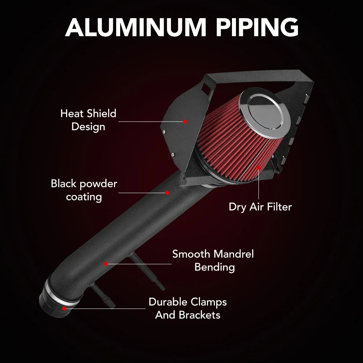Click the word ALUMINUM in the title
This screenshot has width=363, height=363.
pyautogui.click(x=136, y=27)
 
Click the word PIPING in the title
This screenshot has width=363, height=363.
pyautogui.click(x=257, y=27)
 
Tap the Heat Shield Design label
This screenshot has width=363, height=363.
pyautogui.click(x=88, y=120)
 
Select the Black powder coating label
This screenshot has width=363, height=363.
pyautogui.click(x=84, y=190)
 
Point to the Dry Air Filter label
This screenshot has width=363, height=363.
pyautogui.click(x=260, y=207)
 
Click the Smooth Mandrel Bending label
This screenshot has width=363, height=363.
pyautogui.click(x=213, y=260)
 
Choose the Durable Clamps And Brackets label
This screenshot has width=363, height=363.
pyautogui.click(x=188, y=308)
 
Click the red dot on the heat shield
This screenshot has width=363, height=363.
pyautogui.click(x=185, y=122)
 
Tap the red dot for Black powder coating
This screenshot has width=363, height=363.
pyautogui.click(x=167, y=193)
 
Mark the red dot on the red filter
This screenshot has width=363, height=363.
pyautogui.click(x=258, y=167)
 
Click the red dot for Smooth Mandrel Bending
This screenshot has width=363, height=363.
pyautogui.click(x=106, y=264)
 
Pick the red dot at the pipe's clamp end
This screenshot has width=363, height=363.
pyautogui.click(x=64, y=309)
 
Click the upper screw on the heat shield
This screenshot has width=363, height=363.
pyautogui.click(x=164, y=132)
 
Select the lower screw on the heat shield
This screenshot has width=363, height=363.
pyautogui.click(x=173, y=154)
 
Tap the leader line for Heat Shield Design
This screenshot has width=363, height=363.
pyautogui.click(x=151, y=122)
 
